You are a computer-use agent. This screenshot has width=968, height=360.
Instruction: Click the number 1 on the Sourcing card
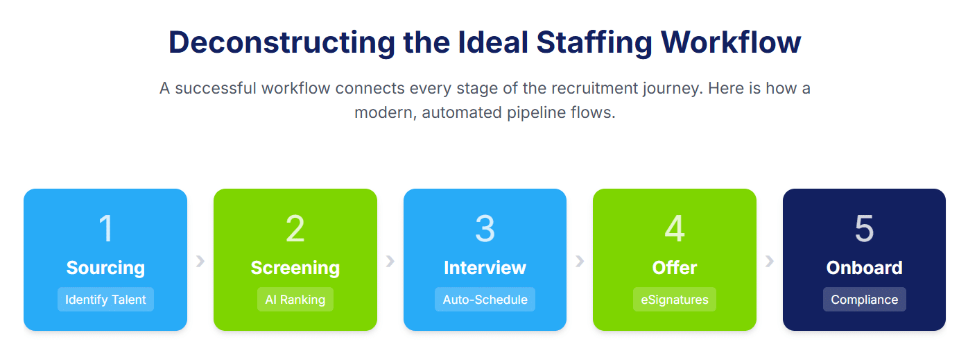pyautogui.click(x=106, y=228)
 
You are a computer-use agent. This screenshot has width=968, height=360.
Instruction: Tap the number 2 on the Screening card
pyautogui.click(x=295, y=228)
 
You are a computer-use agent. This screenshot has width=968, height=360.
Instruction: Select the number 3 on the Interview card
pyautogui.click(x=485, y=228)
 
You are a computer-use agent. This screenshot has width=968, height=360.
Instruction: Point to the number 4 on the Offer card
pyautogui.click(x=675, y=228)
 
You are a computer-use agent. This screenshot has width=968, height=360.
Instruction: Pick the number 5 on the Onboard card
pyautogui.click(x=864, y=228)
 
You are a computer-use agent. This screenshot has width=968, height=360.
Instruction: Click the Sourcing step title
pyautogui.click(x=105, y=268)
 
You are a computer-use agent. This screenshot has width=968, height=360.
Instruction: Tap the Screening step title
pyautogui.click(x=295, y=268)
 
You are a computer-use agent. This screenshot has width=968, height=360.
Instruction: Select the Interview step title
pyautogui.click(x=485, y=268)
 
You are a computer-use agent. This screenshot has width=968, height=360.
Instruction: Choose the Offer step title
pyautogui.click(x=675, y=268)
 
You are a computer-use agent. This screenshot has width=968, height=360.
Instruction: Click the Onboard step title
pyautogui.click(x=864, y=268)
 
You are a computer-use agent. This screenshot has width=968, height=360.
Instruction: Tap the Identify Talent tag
pyautogui.click(x=105, y=300)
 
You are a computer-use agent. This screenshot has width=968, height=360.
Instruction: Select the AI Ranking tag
pyautogui.click(x=295, y=300)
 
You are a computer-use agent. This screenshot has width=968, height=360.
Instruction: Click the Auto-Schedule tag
pyautogui.click(x=485, y=300)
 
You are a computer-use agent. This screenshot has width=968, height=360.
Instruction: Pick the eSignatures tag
pyautogui.click(x=675, y=300)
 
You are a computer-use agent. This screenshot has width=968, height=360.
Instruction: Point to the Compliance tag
pyautogui.click(x=864, y=300)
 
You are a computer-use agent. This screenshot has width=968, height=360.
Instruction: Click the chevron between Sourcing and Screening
pyautogui.click(x=200, y=261)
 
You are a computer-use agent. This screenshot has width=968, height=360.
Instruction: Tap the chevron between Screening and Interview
pyautogui.click(x=390, y=261)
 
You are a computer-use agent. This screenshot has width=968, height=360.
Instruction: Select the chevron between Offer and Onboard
pyautogui.click(x=770, y=261)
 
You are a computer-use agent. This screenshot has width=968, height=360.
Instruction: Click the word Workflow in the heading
pyautogui.click(x=731, y=42)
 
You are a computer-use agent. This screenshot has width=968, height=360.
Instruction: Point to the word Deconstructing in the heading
pyautogui.click(x=282, y=43)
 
